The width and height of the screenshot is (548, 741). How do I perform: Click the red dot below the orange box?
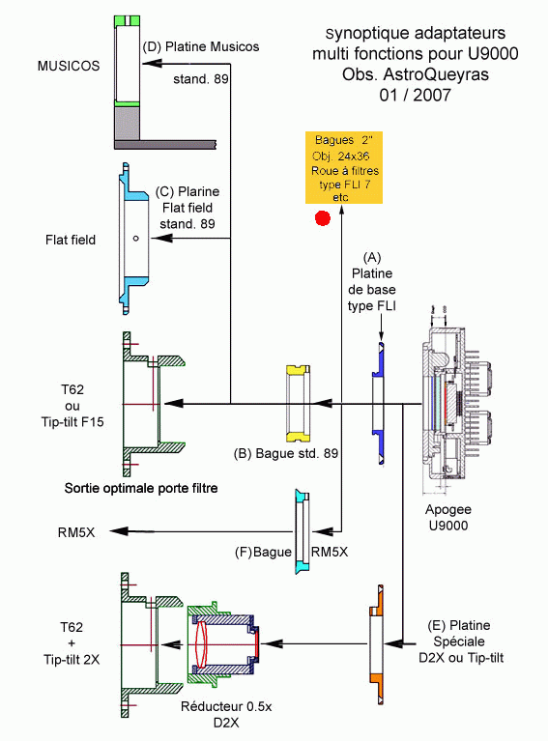click(323, 218)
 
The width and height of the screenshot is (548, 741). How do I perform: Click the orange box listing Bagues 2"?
click(344, 168)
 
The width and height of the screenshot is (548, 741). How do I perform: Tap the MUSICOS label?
click(69, 66)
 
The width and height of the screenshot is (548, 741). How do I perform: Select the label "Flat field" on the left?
click(71, 240)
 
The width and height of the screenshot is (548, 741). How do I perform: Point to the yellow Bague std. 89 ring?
click(298, 404)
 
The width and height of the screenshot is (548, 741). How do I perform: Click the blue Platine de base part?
click(378, 404)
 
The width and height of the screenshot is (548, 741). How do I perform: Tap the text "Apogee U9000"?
click(448, 517)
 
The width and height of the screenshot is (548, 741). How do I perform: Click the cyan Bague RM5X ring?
click(302, 531)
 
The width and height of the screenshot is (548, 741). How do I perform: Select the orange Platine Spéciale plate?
click(376, 644)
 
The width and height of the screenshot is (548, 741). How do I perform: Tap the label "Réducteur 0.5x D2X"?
click(226, 714)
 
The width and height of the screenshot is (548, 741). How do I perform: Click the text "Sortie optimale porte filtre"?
click(141, 488)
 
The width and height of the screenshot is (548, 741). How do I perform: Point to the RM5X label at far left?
click(76, 532)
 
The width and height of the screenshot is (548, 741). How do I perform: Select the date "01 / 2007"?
click(415, 95)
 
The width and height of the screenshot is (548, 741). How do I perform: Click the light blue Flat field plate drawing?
click(132, 239)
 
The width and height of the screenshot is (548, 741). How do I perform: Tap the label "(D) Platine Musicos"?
click(200, 46)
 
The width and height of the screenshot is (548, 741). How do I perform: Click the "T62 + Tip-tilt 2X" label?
click(72, 643)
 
